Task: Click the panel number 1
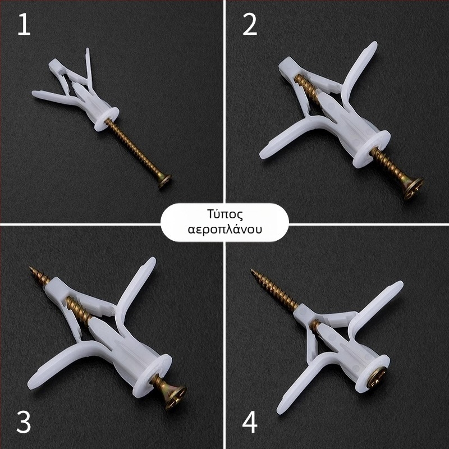pyautogui.click(x=24, y=25)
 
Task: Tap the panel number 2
pyautogui.click(x=250, y=25)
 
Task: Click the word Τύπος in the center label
pyautogui.click(x=225, y=214)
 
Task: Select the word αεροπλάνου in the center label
pyautogui.click(x=225, y=230)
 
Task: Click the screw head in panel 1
pyautogui.click(x=164, y=181)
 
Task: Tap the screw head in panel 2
pyautogui.click(x=414, y=188)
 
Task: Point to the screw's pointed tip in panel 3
pyautogui.click(x=30, y=268)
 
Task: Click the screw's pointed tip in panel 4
pyautogui.click(x=251, y=270)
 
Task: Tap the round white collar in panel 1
pyautogui.click(x=107, y=119)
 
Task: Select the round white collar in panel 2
pyautogui.click(x=372, y=149)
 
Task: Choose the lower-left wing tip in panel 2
pyautogui.click(x=263, y=155)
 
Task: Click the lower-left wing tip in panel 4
pyautogui.click(x=280, y=410)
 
